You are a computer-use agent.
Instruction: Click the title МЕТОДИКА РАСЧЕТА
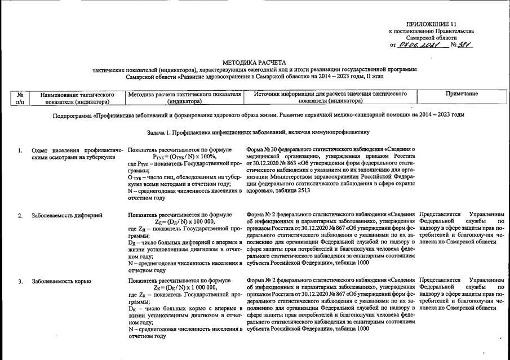click(255, 61)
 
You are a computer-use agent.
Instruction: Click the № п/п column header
click(20, 97)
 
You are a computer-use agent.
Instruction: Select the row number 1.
click(20, 151)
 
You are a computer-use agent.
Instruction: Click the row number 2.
click(20, 215)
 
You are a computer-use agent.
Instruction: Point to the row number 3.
click(20, 280)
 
